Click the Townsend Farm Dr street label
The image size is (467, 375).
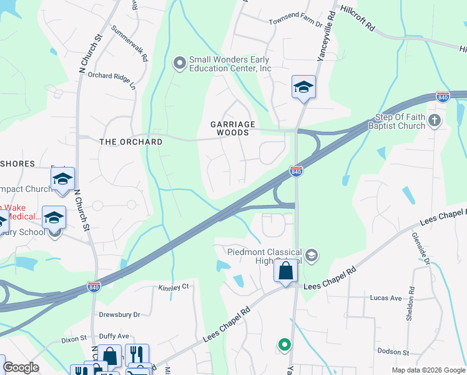click(295, 22)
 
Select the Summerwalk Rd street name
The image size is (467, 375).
click(129, 43)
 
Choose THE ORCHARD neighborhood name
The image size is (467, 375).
click(131, 142)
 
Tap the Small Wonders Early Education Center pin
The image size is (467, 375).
click(179, 62)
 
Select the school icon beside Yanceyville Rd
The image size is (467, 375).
click(303, 87)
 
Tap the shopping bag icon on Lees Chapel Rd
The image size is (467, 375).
click(285, 271)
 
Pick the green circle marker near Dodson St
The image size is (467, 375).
click(284, 344)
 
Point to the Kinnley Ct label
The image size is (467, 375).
click(174, 287)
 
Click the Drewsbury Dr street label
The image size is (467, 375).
click(119, 314)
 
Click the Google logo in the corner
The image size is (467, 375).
click(21, 367)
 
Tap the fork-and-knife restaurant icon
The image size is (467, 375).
click(137, 354)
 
